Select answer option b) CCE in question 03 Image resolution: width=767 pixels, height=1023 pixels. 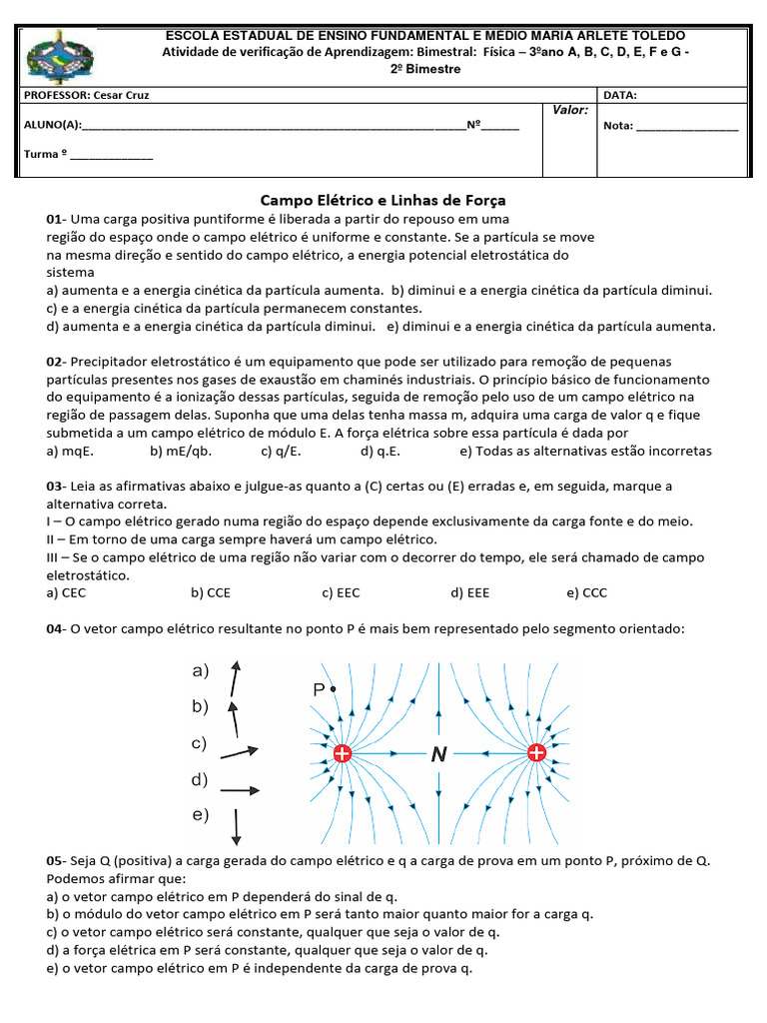click(x=211, y=593)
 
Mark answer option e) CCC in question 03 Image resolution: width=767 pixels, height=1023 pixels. click(x=586, y=593)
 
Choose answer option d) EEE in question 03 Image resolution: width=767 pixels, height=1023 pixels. click(x=470, y=593)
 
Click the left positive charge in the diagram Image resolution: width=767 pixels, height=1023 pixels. click(x=343, y=754)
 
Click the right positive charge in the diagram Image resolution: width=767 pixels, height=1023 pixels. click(x=536, y=754)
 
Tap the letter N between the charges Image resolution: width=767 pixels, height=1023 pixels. click(x=438, y=756)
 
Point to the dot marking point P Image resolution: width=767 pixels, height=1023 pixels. click(x=333, y=689)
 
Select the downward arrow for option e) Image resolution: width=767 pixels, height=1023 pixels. click(x=237, y=824)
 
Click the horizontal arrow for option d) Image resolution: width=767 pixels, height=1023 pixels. click(x=239, y=790)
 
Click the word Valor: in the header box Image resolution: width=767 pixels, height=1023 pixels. click(x=570, y=110)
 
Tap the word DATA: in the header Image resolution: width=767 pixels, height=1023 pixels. click(x=620, y=96)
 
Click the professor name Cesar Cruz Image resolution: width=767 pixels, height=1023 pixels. click(x=121, y=96)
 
